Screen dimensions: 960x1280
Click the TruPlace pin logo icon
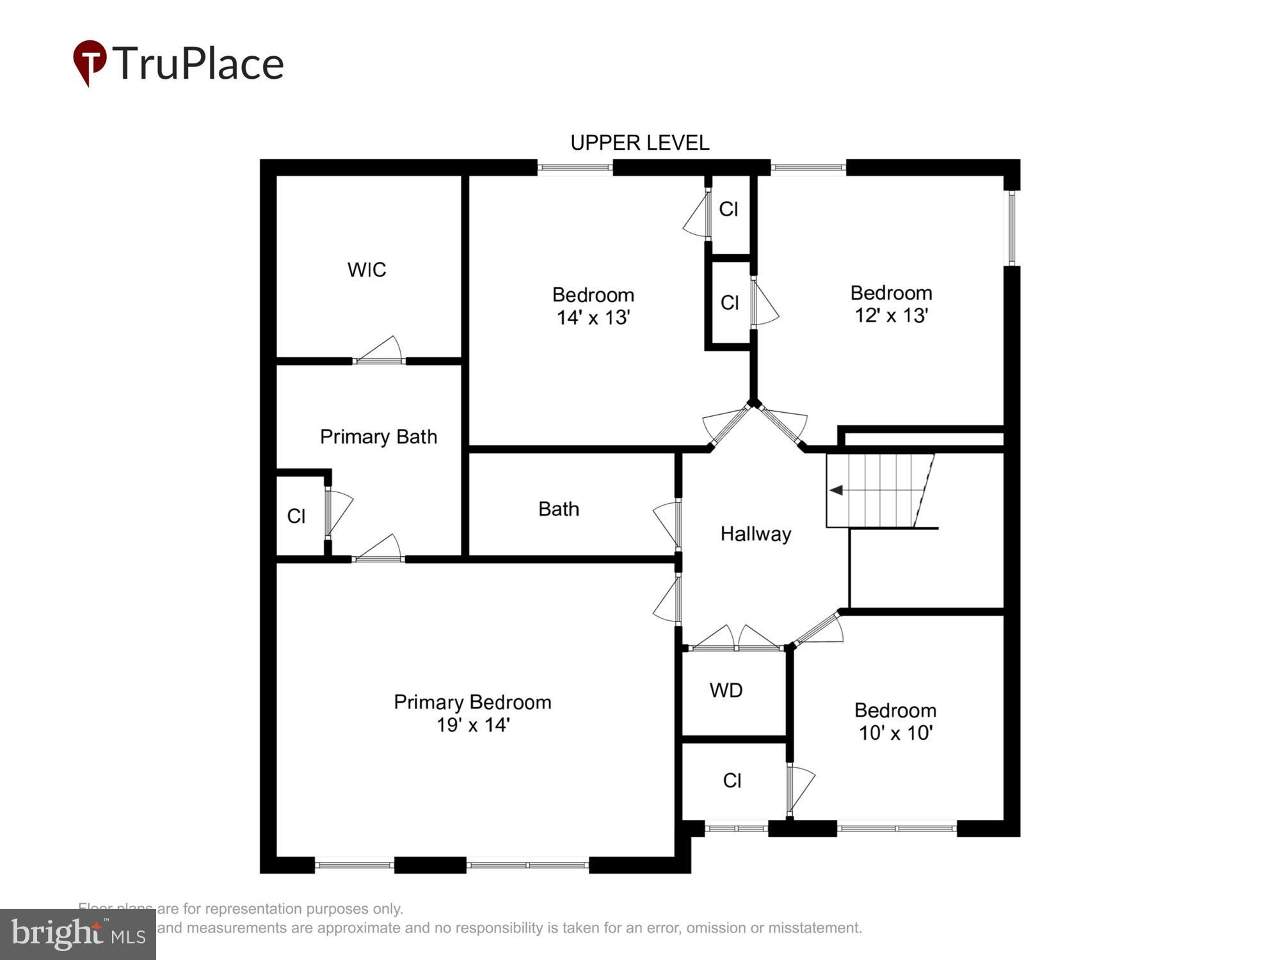click(x=90, y=62)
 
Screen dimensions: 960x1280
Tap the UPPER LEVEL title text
click(x=639, y=143)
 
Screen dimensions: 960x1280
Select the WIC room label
click(x=367, y=269)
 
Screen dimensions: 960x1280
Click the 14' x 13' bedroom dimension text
click(x=593, y=317)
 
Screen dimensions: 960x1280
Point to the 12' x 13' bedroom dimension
click(x=891, y=316)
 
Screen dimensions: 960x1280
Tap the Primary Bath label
click(x=378, y=436)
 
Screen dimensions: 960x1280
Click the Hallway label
click(x=756, y=534)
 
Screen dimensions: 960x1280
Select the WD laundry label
click(x=726, y=690)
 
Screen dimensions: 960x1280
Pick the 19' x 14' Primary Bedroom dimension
click(x=472, y=725)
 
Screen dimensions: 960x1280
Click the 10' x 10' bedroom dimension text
click(x=895, y=733)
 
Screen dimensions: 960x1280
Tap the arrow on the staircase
click(x=836, y=490)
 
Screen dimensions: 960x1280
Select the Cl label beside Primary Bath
click(x=296, y=516)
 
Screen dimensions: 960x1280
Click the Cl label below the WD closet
click(x=732, y=780)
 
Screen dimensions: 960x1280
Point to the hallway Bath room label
click(x=559, y=509)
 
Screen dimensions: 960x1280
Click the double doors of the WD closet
click(x=736, y=640)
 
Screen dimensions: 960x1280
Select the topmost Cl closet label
click(x=728, y=209)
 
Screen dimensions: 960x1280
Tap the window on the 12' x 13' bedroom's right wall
click(x=1012, y=228)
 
